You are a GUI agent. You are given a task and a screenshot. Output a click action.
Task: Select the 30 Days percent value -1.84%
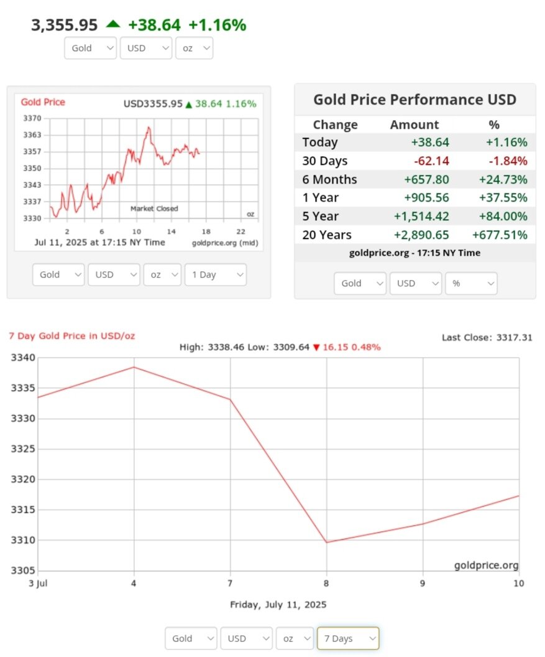pyautogui.click(x=508, y=161)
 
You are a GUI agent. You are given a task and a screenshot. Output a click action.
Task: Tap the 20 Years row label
pyautogui.click(x=327, y=235)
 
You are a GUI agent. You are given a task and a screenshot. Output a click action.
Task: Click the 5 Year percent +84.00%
pyautogui.click(x=503, y=216)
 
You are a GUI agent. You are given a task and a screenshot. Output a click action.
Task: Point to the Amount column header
pyautogui.click(x=414, y=124)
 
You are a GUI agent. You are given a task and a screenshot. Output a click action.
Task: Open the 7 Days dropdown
pyautogui.click(x=347, y=638)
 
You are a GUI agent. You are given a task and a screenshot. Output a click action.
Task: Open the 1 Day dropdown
pyautogui.click(x=215, y=274)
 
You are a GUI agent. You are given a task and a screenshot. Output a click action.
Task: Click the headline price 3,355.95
pyautogui.click(x=65, y=25)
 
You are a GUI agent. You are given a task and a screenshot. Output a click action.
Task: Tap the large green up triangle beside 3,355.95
pyautogui.click(x=112, y=24)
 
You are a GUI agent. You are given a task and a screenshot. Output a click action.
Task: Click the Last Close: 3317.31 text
pyautogui.click(x=487, y=337)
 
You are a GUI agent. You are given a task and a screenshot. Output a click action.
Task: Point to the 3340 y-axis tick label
pyautogui.click(x=24, y=358)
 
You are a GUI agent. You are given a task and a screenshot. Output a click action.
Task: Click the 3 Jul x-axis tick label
pyautogui.click(x=39, y=583)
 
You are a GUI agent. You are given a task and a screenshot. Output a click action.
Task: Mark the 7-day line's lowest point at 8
pyautogui.click(x=327, y=542)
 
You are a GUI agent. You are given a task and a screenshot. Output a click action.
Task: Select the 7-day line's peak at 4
pyautogui.click(x=134, y=367)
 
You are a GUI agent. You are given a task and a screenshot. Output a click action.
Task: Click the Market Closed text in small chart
pyautogui.click(x=153, y=208)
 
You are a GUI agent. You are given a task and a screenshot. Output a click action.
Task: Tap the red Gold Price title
pyautogui.click(x=43, y=102)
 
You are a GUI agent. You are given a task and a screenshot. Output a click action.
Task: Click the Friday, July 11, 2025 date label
pyautogui.click(x=278, y=604)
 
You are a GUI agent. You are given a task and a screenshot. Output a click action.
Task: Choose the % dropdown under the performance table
pyautogui.click(x=471, y=283)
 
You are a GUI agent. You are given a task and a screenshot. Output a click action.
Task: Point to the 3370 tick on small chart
pyautogui.click(x=32, y=118)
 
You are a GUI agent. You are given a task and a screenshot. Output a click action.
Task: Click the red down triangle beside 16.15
pyautogui.click(x=316, y=347)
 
